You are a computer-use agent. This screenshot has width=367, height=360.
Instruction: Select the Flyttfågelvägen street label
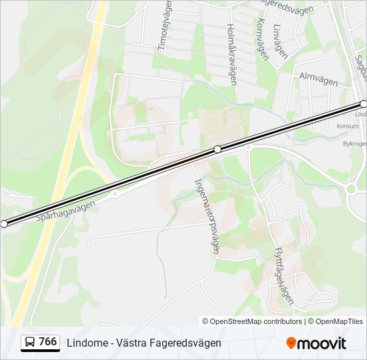(284, 276)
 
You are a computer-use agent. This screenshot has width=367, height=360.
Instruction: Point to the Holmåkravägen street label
(232, 55)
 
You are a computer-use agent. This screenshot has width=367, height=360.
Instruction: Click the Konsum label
(348, 126)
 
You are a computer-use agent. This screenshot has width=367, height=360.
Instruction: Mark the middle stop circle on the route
(218, 149)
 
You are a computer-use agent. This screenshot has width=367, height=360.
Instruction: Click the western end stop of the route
(4, 224)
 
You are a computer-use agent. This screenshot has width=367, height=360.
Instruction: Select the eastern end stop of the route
(364, 104)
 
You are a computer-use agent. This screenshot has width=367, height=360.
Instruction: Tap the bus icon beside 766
(30, 343)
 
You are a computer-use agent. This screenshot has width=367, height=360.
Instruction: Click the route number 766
(47, 342)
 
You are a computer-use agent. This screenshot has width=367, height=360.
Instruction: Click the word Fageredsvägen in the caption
(186, 343)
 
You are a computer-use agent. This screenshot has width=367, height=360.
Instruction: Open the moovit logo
(316, 343)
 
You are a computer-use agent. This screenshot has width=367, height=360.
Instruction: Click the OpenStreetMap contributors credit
(252, 321)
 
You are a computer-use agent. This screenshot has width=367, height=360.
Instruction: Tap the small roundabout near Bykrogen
(351, 189)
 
